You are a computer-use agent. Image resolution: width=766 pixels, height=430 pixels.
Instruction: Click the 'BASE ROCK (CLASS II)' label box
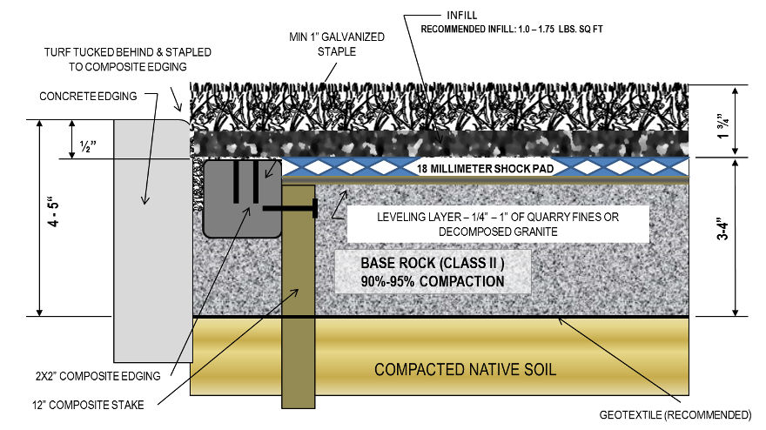tap(433, 272)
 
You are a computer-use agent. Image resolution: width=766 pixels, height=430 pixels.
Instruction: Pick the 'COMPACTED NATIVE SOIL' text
tap(465, 369)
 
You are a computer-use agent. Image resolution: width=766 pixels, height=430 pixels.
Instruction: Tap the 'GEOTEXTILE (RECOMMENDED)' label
tap(675, 413)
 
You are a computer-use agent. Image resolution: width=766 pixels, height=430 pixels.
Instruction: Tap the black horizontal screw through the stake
tap(288, 209)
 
